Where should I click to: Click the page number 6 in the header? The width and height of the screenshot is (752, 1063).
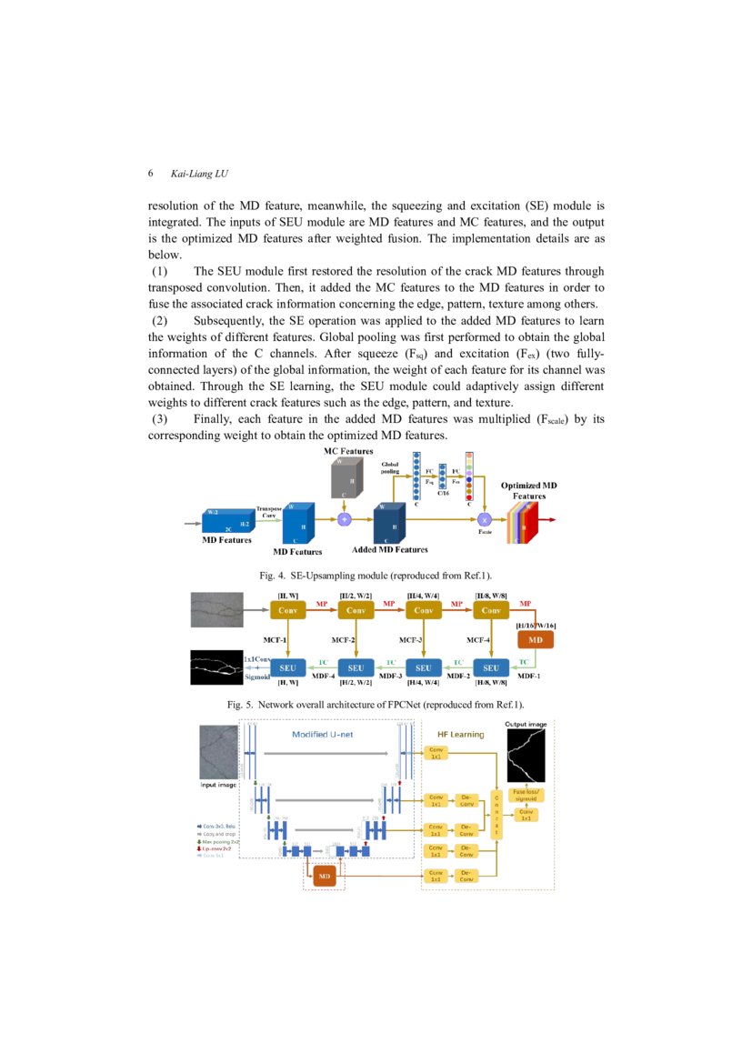150,174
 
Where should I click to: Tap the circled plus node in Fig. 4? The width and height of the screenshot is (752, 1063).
344,519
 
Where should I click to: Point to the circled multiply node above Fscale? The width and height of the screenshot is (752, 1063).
485,518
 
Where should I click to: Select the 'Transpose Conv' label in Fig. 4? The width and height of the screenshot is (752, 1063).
268,511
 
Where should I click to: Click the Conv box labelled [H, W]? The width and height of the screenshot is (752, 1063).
291,611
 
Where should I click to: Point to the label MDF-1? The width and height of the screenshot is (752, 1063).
530,676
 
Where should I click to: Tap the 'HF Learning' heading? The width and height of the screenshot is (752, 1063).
461,734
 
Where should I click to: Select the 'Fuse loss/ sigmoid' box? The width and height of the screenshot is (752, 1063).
526,795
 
